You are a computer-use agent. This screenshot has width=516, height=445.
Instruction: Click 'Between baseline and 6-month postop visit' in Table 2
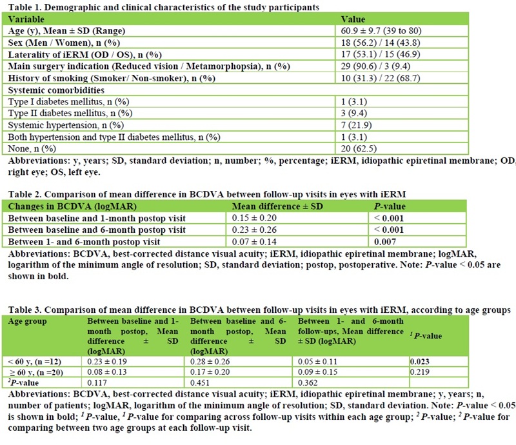[x=97, y=229]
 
